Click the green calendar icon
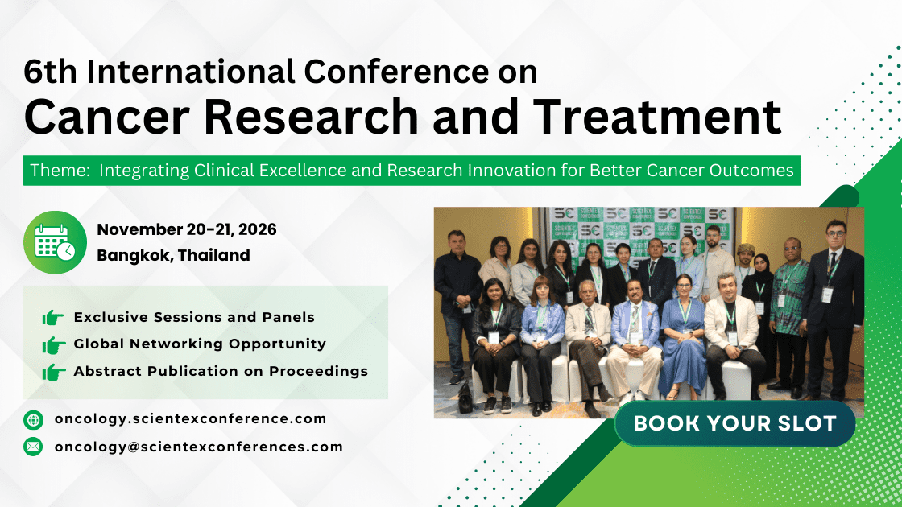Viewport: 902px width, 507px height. point(56,242)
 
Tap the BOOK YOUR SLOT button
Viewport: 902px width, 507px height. point(734,423)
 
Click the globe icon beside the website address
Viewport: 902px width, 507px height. point(33,419)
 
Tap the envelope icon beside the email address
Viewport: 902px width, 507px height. point(33,447)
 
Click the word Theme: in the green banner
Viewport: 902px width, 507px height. point(59,171)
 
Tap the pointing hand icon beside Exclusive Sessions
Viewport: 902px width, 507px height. point(54,318)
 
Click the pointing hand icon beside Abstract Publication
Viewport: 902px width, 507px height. point(54,372)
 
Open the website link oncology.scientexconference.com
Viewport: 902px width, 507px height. point(190,418)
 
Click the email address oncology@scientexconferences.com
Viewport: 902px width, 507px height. point(198,447)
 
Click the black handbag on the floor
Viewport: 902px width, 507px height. point(465,398)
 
